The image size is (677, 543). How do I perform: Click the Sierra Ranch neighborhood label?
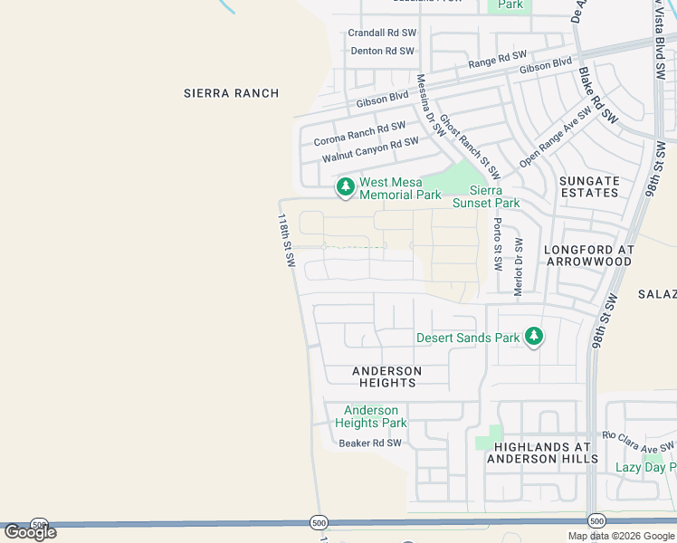231,93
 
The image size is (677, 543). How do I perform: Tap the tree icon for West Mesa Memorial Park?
345,187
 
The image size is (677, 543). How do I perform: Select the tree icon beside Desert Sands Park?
534,338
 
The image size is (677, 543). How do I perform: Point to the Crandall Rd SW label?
382,33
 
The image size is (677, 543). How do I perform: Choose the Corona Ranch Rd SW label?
359,135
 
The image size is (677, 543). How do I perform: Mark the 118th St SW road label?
287,240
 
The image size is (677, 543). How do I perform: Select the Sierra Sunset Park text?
494,196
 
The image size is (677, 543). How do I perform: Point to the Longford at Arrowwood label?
588,254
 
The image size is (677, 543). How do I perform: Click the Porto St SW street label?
497,244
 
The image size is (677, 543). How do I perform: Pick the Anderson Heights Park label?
371,417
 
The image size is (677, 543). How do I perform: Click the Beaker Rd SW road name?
369,443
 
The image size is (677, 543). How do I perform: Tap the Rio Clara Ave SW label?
639,441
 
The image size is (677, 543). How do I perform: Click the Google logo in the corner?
30,532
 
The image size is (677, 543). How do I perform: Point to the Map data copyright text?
621,536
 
